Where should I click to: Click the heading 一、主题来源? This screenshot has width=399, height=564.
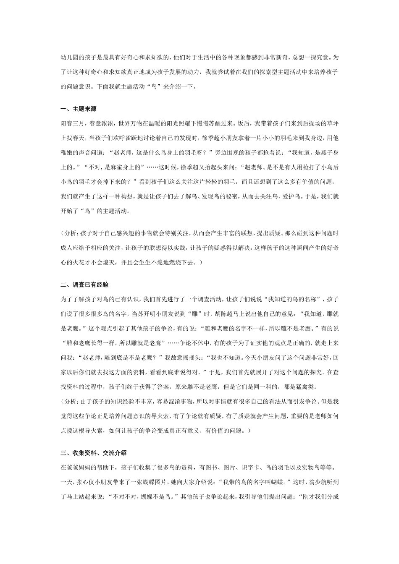click(79, 109)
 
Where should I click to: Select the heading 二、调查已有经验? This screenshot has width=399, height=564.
click(84, 285)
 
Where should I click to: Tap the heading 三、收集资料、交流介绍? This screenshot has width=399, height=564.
click(93, 453)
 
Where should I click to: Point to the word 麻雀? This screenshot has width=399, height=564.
click(116, 167)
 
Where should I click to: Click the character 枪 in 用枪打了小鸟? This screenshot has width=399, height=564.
click(294, 167)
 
